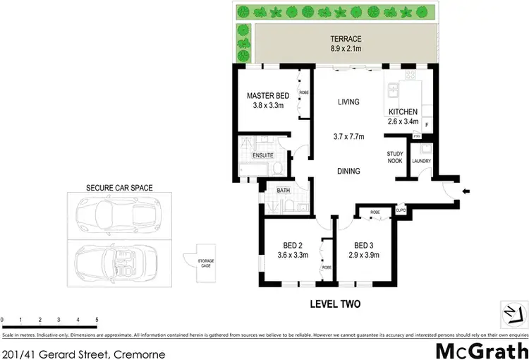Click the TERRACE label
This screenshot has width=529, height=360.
coord(347,39)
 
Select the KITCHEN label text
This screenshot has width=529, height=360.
coord(403,112)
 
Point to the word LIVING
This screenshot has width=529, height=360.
coord(348,102)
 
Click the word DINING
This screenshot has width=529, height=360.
coord(348,171)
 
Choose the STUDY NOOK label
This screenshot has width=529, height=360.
coord(395,157)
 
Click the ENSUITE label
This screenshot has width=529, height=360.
coord(263,155)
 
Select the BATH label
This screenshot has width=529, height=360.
coord(284,190)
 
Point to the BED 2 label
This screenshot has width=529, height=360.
coord(293,245)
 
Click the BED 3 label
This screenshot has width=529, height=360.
coord(364,245)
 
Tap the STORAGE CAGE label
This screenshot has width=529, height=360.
coord(206,263)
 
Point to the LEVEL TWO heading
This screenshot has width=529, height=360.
coord(336,305)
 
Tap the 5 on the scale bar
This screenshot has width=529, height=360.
coord(96,320)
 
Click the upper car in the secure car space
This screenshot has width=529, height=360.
coord(118,214)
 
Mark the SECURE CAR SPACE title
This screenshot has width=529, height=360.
coord(119,188)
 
